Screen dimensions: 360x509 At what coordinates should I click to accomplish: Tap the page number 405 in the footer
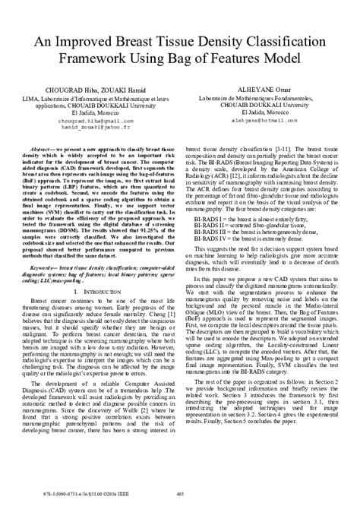pyautogui.click(x=180, y=496)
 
